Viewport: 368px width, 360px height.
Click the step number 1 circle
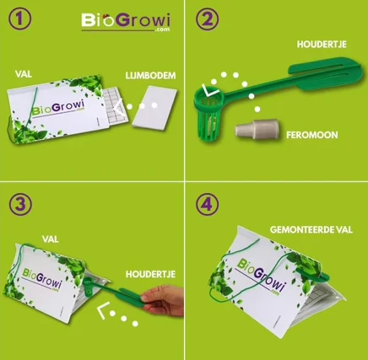click(x=20, y=19)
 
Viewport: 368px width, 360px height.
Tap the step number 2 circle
click(x=207, y=19)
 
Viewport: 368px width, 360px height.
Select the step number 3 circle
click(x=20, y=204)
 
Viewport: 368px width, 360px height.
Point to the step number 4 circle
click(x=208, y=204)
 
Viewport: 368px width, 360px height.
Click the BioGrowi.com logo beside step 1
click(x=126, y=22)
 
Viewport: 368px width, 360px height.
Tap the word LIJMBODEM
click(x=150, y=76)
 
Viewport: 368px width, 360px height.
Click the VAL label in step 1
click(x=24, y=74)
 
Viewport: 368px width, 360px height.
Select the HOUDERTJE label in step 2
click(x=322, y=45)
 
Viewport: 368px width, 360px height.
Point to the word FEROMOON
click(x=312, y=135)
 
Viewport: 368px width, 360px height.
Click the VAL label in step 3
click(x=51, y=239)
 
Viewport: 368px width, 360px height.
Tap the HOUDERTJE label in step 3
click(x=150, y=274)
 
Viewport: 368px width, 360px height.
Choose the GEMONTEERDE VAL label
click(x=311, y=230)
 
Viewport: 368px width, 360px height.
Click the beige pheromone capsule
click(x=257, y=130)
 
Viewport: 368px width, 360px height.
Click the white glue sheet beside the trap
click(x=154, y=108)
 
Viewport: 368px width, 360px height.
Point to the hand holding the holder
click(x=163, y=301)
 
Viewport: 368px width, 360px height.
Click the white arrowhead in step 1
click(x=118, y=107)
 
